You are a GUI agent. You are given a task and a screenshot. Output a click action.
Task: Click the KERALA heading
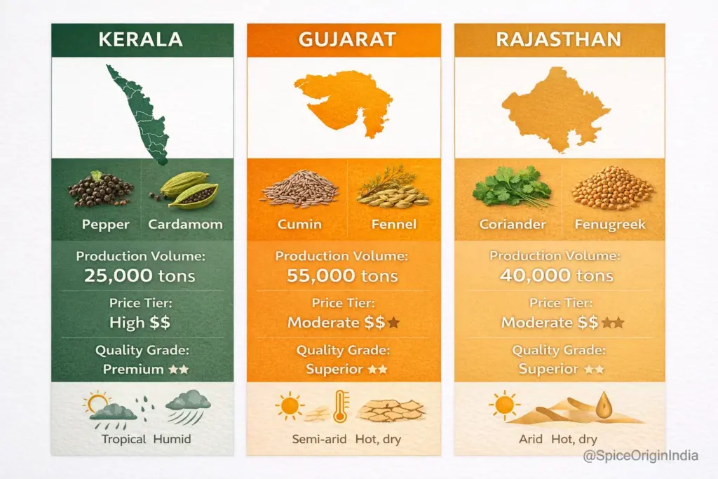141,39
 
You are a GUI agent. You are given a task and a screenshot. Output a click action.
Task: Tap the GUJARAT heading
343,39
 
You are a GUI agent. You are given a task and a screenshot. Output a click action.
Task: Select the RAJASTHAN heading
559,39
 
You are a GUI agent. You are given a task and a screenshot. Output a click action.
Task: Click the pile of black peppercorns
101,190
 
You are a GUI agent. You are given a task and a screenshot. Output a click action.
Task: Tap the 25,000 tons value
140,276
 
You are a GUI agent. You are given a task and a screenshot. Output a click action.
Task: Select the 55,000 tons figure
342,276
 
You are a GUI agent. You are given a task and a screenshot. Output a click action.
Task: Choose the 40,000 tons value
557,276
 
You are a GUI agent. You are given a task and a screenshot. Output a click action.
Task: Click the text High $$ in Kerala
140,323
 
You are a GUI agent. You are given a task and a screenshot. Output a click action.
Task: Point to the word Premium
127,369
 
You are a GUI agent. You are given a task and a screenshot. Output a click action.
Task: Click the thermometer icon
341,407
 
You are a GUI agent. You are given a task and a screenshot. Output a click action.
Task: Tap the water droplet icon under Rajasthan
603,404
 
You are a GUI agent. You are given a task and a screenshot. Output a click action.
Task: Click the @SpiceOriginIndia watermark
640,456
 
